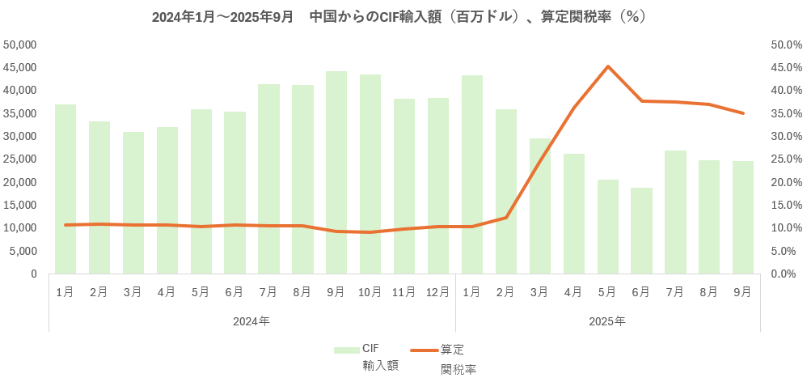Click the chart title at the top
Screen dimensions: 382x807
pyautogui.click(x=399, y=16)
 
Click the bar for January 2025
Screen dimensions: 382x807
pyautogui.click(x=472, y=174)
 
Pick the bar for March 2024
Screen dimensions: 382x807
pyautogui.click(x=133, y=202)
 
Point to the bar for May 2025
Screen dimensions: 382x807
pyautogui.click(x=607, y=227)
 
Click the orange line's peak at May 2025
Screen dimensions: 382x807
pyautogui.click(x=607, y=66)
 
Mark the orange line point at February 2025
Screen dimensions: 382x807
pyautogui.click(x=506, y=218)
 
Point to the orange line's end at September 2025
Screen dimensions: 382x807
pyautogui.click(x=742, y=113)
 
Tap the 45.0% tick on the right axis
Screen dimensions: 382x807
pyautogui.click(x=783, y=67)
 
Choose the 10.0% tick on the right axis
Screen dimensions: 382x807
pyautogui.click(x=783, y=228)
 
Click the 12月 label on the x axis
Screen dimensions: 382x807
pyautogui.click(x=438, y=291)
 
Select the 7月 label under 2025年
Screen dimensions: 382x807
pyautogui.click(x=675, y=291)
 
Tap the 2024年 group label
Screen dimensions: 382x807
pyautogui.click(x=251, y=321)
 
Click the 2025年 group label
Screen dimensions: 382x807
pyautogui.click(x=607, y=321)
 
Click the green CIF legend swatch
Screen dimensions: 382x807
pyautogui.click(x=346, y=350)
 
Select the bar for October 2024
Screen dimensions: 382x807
pyautogui.click(x=370, y=174)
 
